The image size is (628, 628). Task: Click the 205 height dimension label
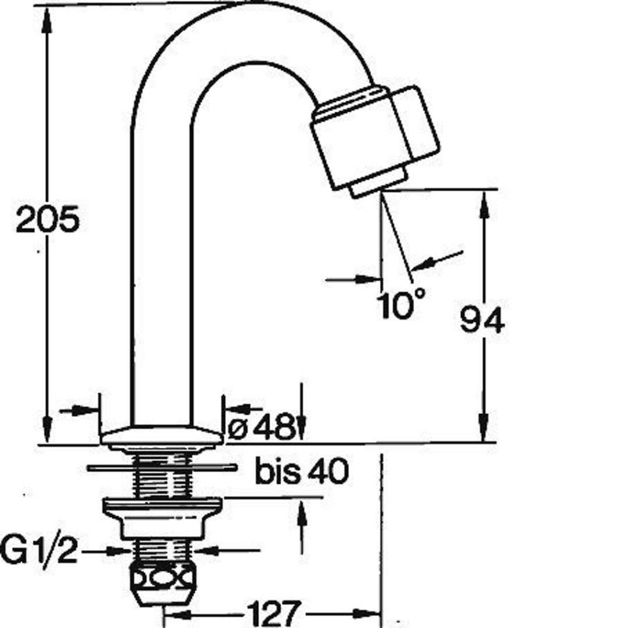[x=48, y=219]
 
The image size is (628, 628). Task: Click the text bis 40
[x=302, y=472]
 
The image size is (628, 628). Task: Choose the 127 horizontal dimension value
[x=274, y=613]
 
